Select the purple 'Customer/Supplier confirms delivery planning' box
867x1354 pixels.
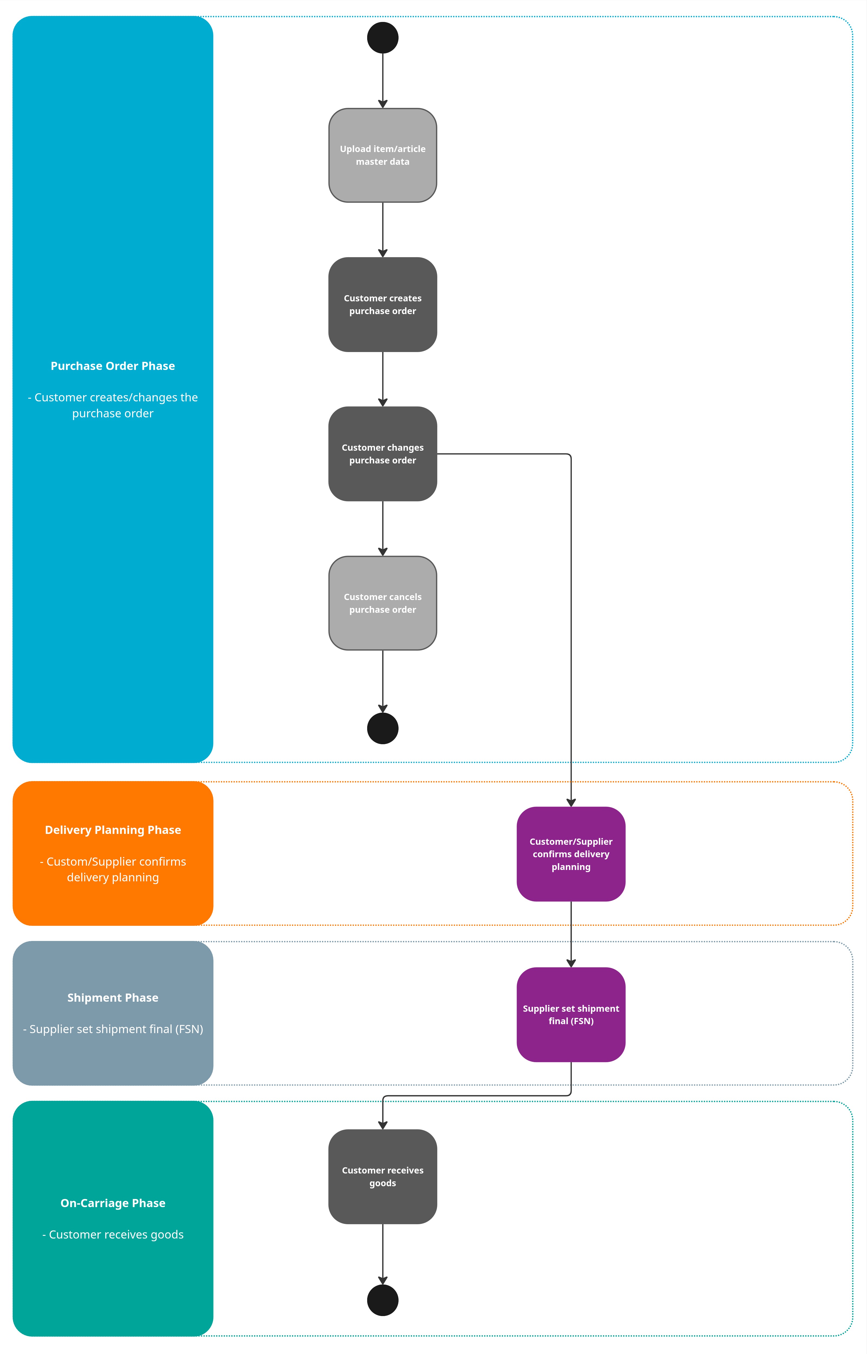coord(571,854)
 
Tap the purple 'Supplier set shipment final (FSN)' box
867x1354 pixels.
coord(571,1014)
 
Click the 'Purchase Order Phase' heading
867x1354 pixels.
coord(113,366)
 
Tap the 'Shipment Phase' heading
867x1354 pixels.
coord(113,997)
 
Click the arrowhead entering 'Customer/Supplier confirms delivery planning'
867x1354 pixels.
coord(571,802)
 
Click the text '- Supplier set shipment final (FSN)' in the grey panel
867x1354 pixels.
coord(113,1029)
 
